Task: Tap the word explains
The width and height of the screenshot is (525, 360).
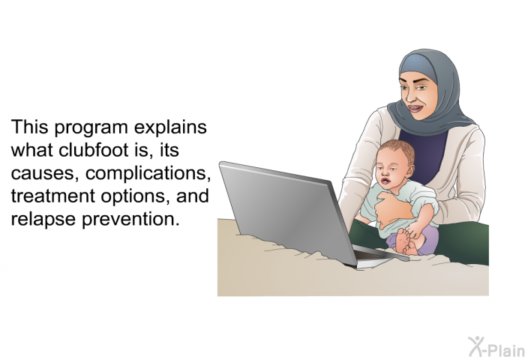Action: pos(170,127)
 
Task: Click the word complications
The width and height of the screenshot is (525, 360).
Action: pos(148,173)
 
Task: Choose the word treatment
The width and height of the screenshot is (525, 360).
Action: pos(53,196)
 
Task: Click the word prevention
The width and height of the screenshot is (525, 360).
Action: pos(129,219)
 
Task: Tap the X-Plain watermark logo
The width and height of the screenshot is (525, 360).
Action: pos(496,346)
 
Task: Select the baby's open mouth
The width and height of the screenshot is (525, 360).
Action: pos(385,181)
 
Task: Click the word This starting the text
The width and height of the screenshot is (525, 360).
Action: pos(29,127)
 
